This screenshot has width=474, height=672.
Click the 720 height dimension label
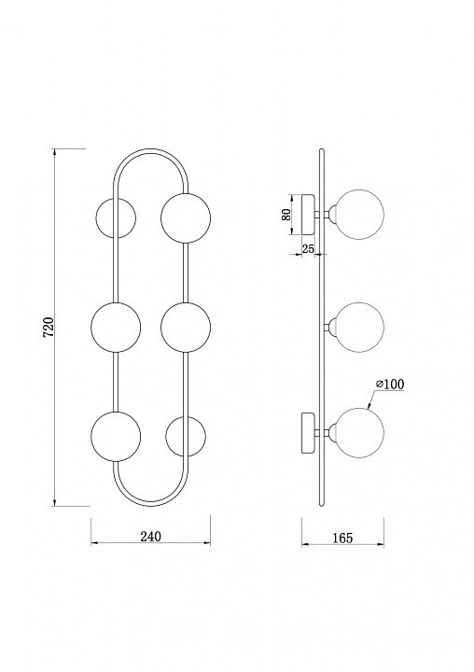click(x=49, y=327)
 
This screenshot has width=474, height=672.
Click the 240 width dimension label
click(x=151, y=536)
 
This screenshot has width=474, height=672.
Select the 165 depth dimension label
click(x=342, y=538)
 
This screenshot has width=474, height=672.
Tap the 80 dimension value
click(x=286, y=215)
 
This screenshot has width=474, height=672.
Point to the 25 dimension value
click(x=308, y=248)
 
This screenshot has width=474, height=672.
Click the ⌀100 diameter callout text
click(x=390, y=385)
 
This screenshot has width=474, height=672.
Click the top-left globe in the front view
click(x=116, y=217)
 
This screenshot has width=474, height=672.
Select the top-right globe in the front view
click(x=186, y=217)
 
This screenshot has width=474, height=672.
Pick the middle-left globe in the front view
click(x=116, y=327)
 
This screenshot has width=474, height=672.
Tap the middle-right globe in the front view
click(x=186, y=327)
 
